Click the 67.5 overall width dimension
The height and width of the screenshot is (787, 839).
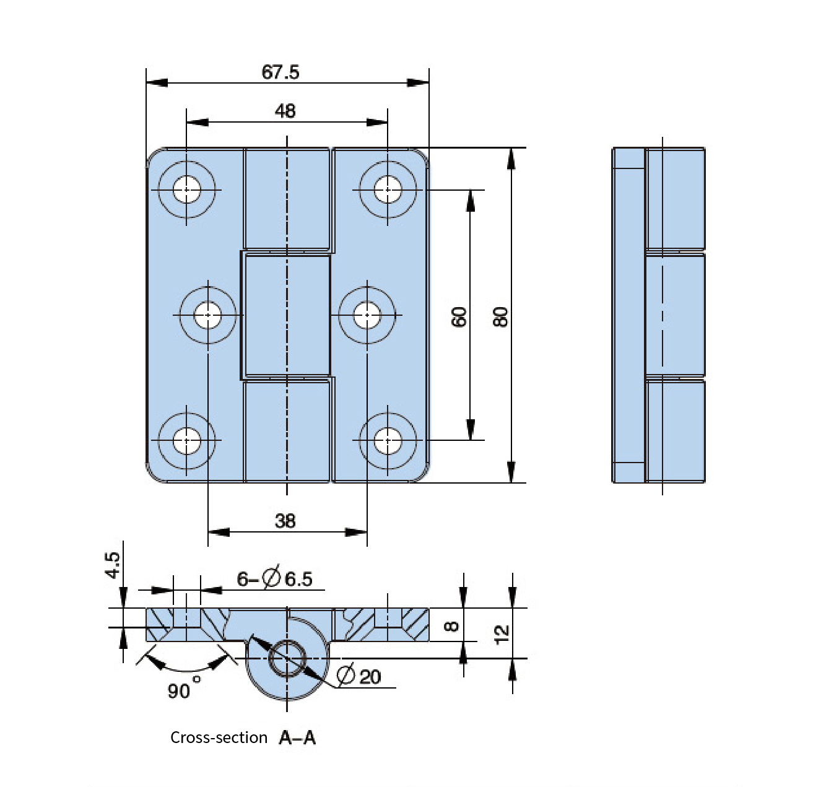coord(280,72)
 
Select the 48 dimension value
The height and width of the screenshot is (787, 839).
coord(285,111)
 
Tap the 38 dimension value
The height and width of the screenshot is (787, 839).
coord(285,521)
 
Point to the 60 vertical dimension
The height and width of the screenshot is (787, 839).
coord(459,317)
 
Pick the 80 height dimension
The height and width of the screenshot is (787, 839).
coord(500,317)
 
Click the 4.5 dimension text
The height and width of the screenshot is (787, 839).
coord(113,565)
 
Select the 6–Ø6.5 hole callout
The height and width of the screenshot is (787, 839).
coord(274,578)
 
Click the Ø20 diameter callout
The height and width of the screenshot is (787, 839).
coord(359,675)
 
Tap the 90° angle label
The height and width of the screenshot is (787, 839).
coord(184,689)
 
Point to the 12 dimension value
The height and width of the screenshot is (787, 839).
coord(502,635)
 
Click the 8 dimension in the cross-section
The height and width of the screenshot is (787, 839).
coord(451,626)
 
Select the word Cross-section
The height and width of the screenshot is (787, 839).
coord(219,737)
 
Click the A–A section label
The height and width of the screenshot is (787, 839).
coord(297,738)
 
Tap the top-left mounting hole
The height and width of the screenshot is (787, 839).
coord(187,189)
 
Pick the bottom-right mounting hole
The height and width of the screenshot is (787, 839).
coord(388,440)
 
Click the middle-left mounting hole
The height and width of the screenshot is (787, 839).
coord(208,315)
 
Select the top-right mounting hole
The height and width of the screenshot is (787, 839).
coord(388,189)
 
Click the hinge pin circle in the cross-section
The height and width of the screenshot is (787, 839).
coord(287,658)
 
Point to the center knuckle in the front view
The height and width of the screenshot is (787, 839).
coord(287,315)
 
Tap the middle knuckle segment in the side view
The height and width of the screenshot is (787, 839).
coord(676,315)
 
